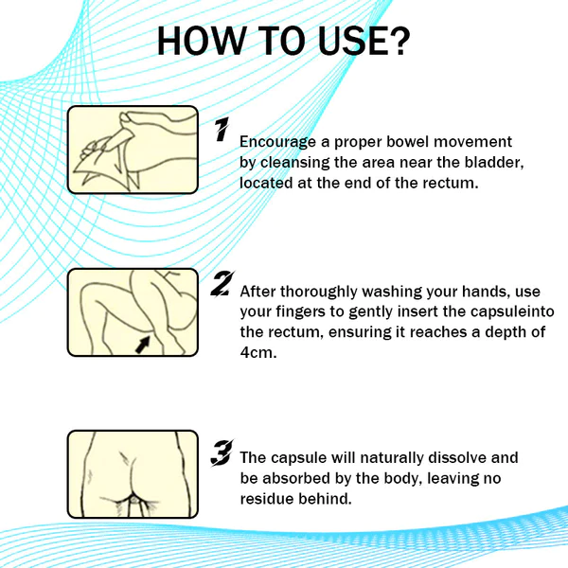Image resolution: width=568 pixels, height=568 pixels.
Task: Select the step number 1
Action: (222, 131)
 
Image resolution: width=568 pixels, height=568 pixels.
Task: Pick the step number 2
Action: (222, 284)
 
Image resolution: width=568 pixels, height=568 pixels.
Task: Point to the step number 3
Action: (222, 455)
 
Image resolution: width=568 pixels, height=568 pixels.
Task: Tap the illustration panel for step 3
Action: (133, 473)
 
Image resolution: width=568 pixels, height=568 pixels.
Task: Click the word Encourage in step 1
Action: (279, 142)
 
